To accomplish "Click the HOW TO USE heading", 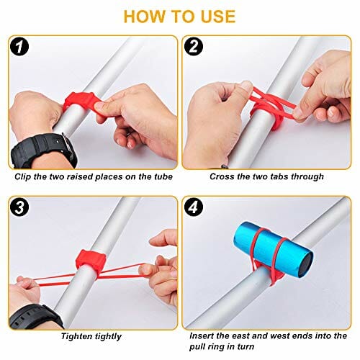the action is (x=179, y=17).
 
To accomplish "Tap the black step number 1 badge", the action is (x=19, y=47).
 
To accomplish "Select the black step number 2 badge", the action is (x=194, y=47).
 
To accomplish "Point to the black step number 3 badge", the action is (x=19, y=207).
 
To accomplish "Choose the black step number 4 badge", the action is (x=194, y=207).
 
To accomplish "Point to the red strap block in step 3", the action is (x=91, y=259).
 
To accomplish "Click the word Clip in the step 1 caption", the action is (x=23, y=177).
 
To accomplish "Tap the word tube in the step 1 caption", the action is (x=163, y=177).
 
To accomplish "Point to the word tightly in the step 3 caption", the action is (x=108, y=336).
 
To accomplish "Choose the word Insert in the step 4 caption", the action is (x=201, y=336).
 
